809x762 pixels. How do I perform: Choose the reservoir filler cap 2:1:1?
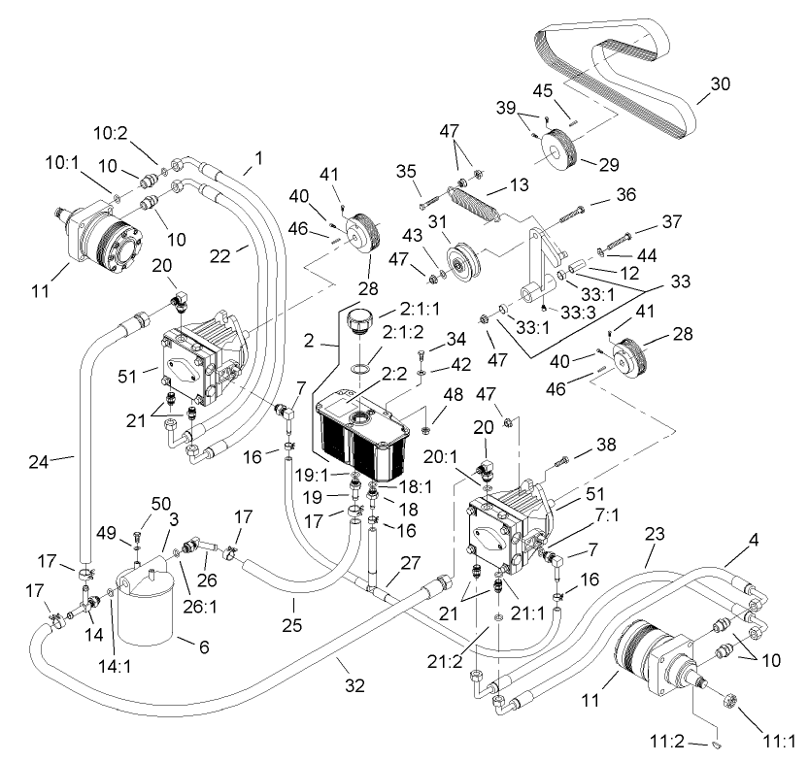pyautogui.click(x=359, y=321)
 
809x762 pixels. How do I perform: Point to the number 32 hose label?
pyautogui.click(x=355, y=685)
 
